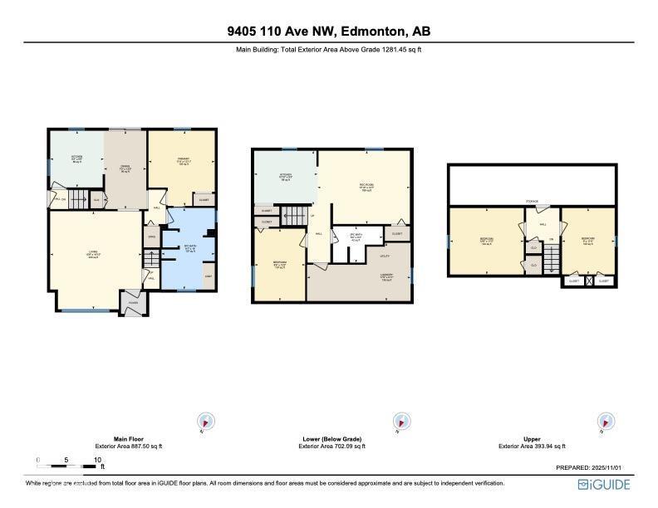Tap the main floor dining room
[x=125, y=170]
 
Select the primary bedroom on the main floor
[x=181, y=162]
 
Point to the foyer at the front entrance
[x=132, y=303]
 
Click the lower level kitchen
[x=285, y=176]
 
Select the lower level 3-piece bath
[x=356, y=238]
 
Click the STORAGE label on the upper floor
[x=532, y=201]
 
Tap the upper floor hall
[x=543, y=223]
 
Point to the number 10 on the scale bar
[x=97, y=459]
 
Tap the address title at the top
[x=329, y=32]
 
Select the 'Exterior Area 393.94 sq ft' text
[x=532, y=447]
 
